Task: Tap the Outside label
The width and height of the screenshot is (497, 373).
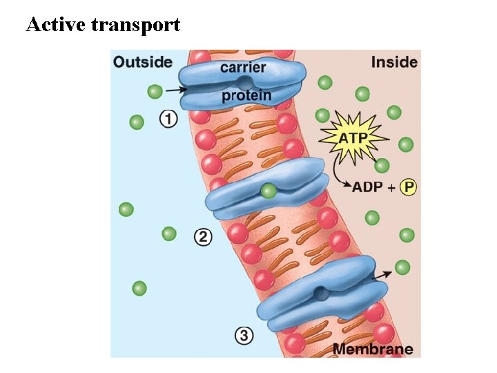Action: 143,62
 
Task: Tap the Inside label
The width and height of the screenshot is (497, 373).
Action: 394,62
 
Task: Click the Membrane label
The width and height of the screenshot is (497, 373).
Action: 373,349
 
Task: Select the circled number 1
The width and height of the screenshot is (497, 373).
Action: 168,119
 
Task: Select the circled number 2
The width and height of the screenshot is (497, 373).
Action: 203,238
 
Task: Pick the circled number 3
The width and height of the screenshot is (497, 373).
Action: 244,336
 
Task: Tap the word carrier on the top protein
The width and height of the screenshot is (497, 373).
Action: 243,68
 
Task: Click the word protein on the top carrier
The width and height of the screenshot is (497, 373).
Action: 246,95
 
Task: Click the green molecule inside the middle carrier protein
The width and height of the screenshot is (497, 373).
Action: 269,191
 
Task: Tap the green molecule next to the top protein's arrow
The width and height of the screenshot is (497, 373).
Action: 155,91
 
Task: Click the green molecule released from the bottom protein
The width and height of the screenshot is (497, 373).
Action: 402,267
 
